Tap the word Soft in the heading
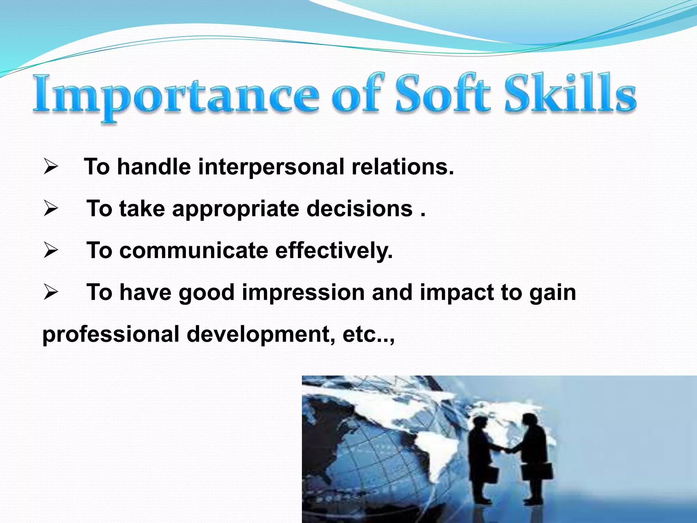(442, 94)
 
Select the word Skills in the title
(570, 94)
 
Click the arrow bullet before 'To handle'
(51, 167)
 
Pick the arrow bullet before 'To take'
(51, 209)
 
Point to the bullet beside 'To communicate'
(51, 251)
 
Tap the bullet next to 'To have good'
(51, 293)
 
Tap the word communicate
(194, 251)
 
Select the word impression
(303, 293)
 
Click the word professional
(111, 335)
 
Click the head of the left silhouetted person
(479, 425)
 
